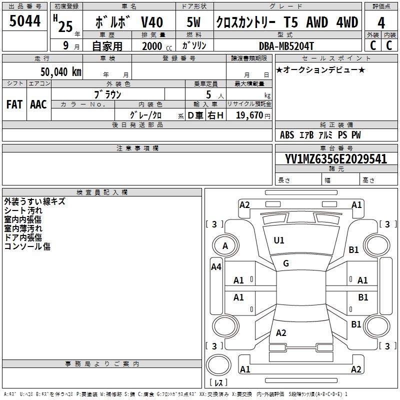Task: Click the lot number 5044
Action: coord(25,21)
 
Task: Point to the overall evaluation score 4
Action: coord(381,22)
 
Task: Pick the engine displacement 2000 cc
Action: coord(152,46)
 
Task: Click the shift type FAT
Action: coord(14,104)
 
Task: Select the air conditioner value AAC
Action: coord(38,104)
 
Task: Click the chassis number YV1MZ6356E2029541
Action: coord(336,159)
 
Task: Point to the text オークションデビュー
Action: coord(320,69)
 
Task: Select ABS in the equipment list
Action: coord(287,135)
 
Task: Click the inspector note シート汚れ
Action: coord(23,211)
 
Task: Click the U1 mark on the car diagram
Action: coord(279,240)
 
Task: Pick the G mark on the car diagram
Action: coord(285,263)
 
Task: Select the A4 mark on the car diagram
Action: coord(216,267)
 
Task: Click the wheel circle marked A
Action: coord(225,246)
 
